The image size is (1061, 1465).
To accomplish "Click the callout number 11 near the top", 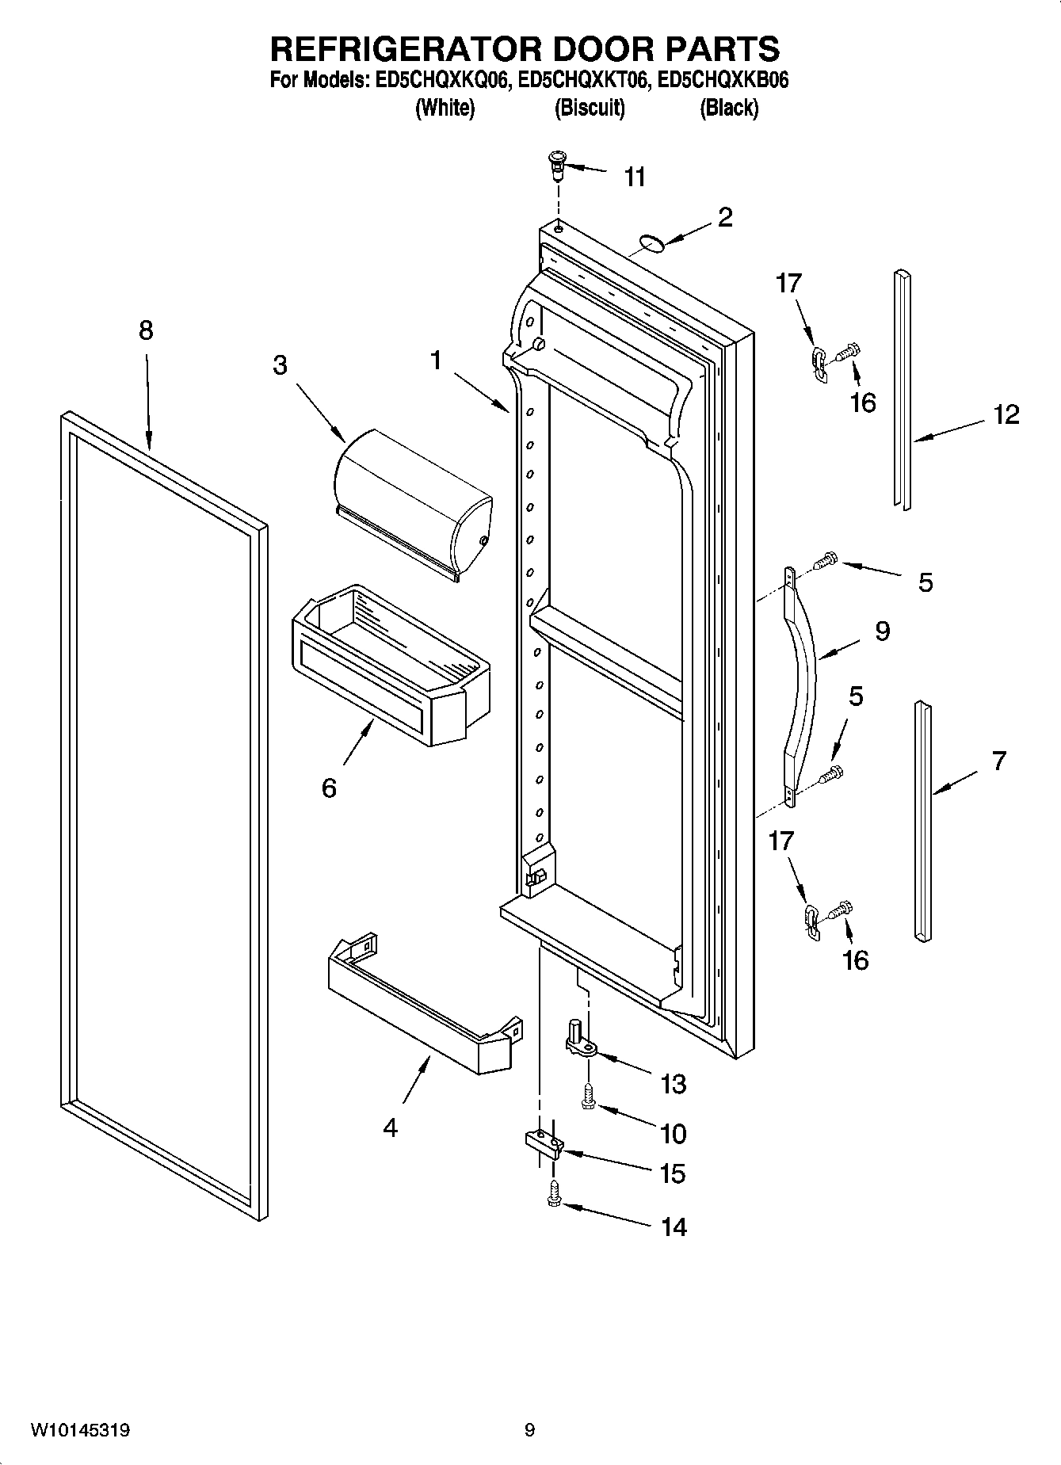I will coord(635,177).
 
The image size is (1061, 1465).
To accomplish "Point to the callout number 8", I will coord(146,330).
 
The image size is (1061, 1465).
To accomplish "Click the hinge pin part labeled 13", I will coord(578,1038).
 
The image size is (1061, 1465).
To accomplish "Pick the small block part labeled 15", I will coord(543,1143).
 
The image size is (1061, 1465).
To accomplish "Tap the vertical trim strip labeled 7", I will coord(922,820).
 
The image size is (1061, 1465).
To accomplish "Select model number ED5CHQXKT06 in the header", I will coord(582,80).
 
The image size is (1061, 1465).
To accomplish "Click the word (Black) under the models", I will coord(728,108).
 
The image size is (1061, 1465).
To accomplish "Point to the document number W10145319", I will coord(80,1431).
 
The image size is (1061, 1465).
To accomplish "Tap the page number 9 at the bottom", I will coord(529,1431).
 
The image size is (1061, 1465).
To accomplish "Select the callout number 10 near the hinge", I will coord(673,1134).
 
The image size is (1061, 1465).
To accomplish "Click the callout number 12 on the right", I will coord(1006,414).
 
